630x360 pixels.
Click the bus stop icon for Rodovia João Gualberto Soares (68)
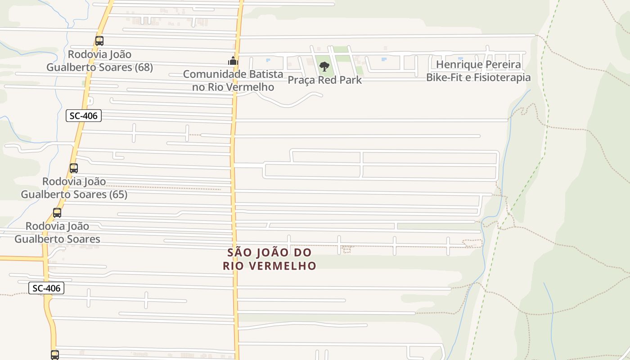(x=99, y=41)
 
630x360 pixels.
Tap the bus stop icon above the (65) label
(x=74, y=168)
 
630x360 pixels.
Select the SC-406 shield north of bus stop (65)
(x=84, y=116)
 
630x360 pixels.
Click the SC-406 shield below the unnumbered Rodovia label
(x=46, y=288)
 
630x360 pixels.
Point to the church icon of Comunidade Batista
(x=233, y=61)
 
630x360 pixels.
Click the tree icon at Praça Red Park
(x=324, y=67)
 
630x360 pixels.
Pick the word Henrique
(x=458, y=64)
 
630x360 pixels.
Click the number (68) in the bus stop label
(x=144, y=67)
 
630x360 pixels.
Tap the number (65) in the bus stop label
(x=118, y=194)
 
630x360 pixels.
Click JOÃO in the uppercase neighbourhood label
(x=269, y=252)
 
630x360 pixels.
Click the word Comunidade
(x=215, y=74)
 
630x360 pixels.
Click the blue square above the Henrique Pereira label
(x=460, y=58)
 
